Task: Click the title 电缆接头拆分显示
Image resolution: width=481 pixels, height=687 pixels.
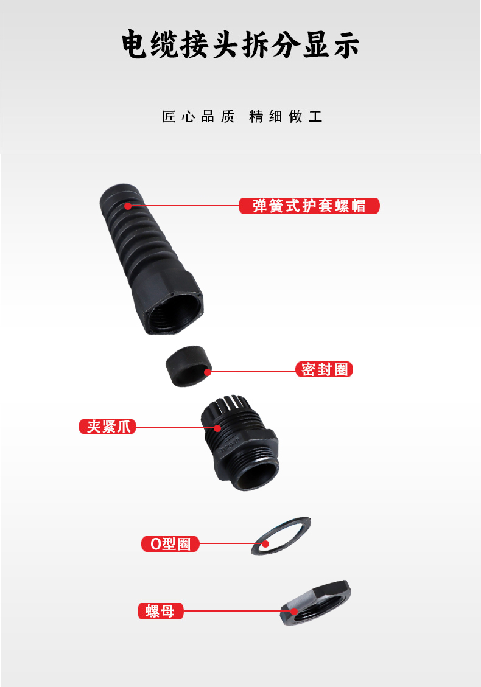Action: (240, 44)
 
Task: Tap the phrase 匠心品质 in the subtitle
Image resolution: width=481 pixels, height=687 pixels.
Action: (198, 117)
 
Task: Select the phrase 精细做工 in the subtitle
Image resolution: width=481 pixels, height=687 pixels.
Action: (286, 117)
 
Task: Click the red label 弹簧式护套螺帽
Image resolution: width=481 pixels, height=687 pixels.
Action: (309, 206)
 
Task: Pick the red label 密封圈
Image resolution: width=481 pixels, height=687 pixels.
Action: (325, 369)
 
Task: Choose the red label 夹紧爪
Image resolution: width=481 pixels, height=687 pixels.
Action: (107, 427)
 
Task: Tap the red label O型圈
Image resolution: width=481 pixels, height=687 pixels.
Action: (170, 544)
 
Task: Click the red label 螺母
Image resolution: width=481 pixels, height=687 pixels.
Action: (161, 611)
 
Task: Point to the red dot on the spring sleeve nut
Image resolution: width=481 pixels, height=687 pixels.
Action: (128, 206)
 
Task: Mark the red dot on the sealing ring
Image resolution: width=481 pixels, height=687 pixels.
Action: (208, 372)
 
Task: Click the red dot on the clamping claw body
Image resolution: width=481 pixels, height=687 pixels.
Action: (217, 428)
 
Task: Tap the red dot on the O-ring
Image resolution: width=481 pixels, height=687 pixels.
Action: (266, 544)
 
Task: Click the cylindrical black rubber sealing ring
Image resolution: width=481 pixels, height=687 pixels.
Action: (189, 366)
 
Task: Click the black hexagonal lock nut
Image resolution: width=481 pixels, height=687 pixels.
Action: (315, 602)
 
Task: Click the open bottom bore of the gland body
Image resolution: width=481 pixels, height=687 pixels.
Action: (258, 475)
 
